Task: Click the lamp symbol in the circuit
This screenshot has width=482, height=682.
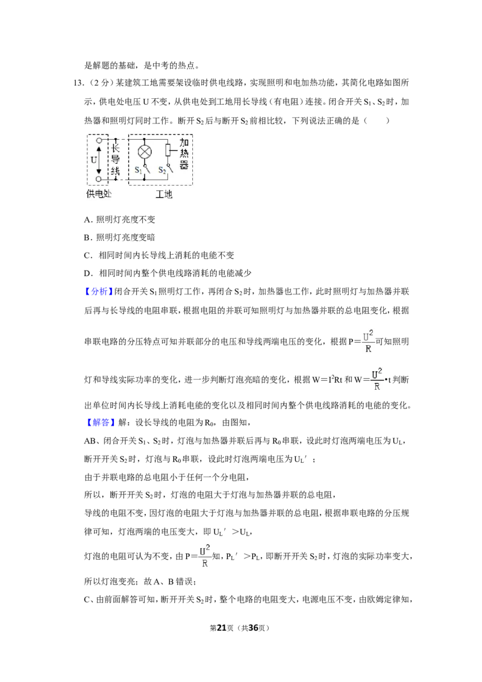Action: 145,152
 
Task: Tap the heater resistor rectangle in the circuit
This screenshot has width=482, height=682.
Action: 168,151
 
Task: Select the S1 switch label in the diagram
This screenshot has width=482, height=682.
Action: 138,170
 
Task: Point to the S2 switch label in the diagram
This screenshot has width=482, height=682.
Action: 162,170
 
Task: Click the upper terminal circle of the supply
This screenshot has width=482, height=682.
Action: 99,140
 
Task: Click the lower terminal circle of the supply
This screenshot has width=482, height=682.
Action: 99,179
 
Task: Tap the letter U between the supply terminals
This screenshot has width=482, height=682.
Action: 93,160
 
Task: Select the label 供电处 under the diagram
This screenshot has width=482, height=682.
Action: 99,193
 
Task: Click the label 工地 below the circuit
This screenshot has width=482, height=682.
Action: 164,194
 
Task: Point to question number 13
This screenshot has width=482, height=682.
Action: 78,83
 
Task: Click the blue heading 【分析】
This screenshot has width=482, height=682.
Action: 99,292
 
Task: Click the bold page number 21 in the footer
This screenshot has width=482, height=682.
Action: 222,628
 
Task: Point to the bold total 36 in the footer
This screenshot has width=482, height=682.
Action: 254,628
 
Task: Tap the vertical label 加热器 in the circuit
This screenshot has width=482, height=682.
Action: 184,154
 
